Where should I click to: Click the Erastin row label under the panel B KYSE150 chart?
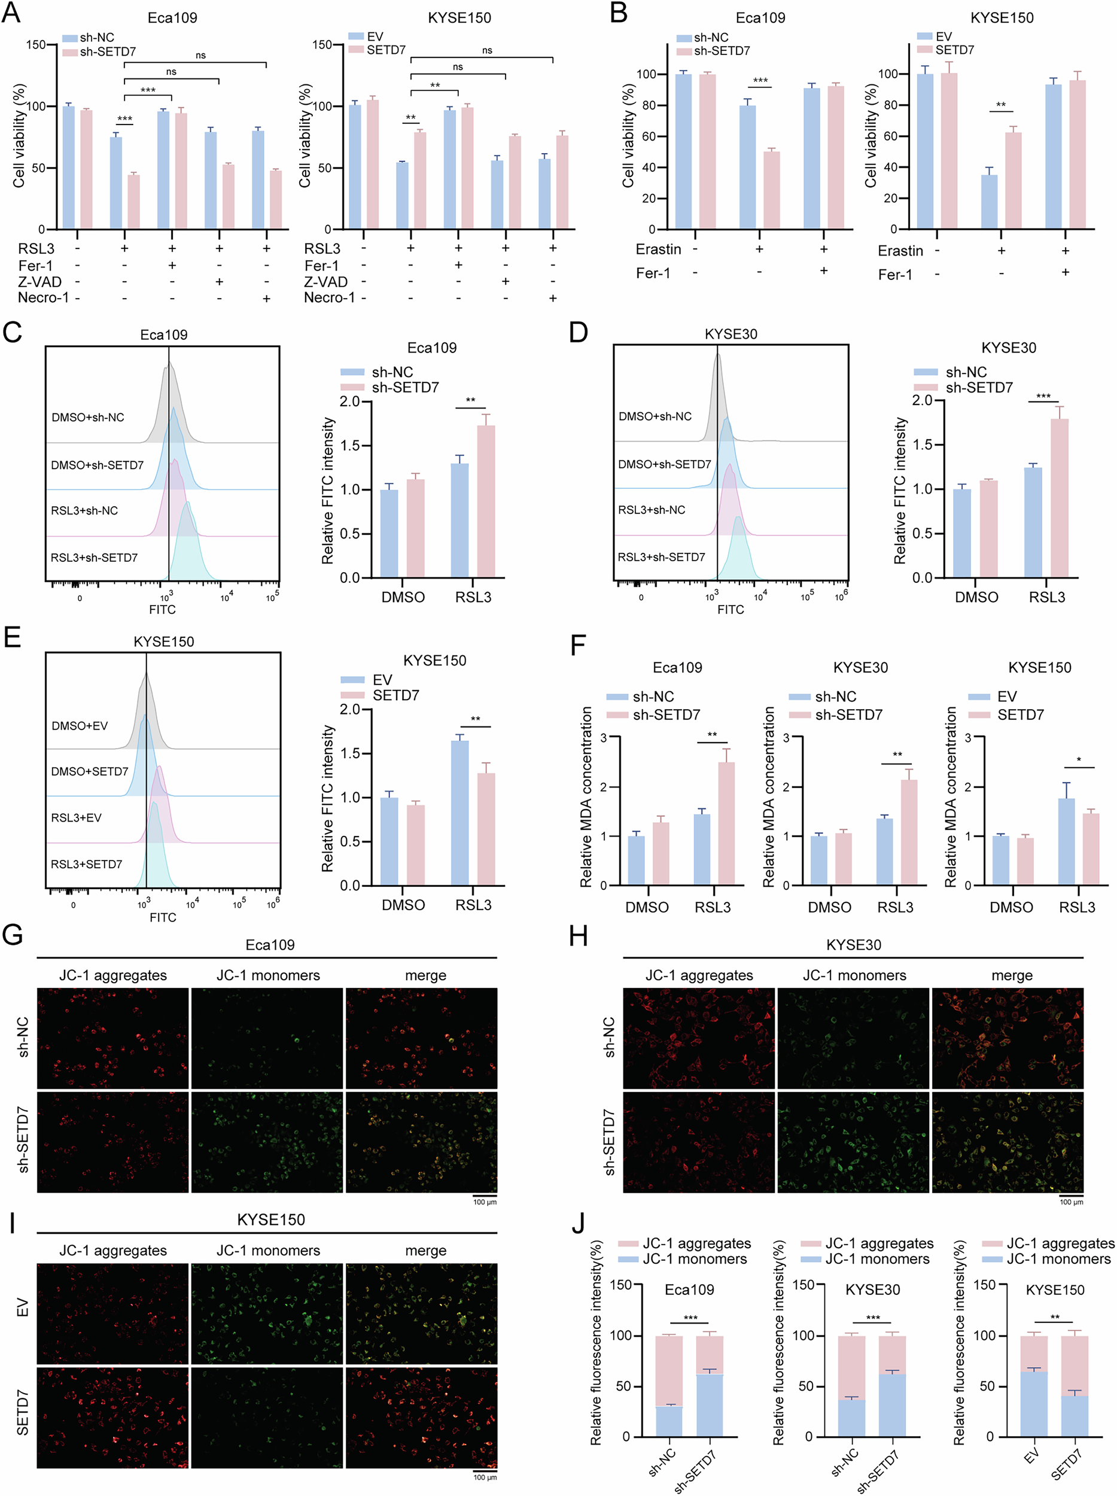point(900,251)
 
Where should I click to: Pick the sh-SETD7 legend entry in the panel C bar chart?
point(404,388)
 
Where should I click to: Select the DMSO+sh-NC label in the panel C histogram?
point(88,417)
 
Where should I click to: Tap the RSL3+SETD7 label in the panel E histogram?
point(87,863)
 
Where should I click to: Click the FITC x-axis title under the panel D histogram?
point(731,609)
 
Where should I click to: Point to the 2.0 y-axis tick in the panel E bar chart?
point(350,710)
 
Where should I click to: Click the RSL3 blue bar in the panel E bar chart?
point(459,813)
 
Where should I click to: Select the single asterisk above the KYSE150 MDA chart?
point(1079,760)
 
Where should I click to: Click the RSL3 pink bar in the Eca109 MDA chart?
point(726,823)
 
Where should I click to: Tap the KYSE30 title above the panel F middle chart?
point(860,668)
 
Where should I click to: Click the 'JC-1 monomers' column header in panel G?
point(268,975)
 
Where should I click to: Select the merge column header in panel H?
point(1012,975)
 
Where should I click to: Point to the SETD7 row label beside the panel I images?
point(23,1412)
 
